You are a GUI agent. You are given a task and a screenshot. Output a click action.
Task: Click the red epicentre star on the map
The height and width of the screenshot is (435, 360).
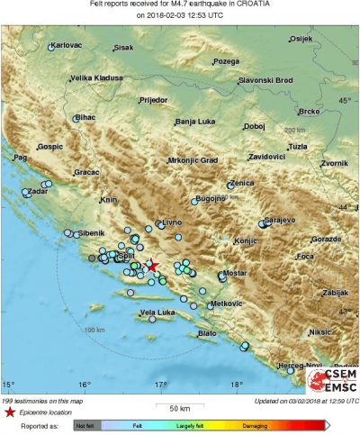click(x=152, y=266)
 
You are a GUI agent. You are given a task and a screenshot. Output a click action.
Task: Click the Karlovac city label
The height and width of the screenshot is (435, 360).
click(x=67, y=44)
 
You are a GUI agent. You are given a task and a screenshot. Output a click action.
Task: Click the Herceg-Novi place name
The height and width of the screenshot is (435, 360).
click(x=301, y=365)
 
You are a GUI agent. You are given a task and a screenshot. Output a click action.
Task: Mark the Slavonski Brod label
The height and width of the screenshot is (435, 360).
click(x=269, y=81)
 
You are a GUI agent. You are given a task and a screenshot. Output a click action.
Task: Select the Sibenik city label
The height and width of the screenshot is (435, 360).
click(x=91, y=233)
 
